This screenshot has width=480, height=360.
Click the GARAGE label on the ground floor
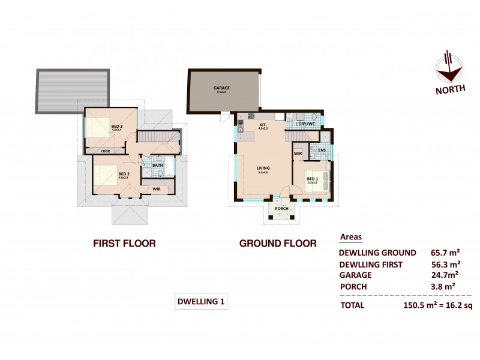coord(221,88)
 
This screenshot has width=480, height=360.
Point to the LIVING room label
coord(262,169)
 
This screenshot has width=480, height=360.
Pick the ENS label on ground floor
coord(322,149)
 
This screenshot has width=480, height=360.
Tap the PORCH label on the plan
coord(281,208)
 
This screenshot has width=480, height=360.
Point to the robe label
coord(105,151)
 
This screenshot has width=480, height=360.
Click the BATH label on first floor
coord(158,165)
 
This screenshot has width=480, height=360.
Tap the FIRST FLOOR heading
coord(124,244)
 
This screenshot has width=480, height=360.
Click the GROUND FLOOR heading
coord(278,244)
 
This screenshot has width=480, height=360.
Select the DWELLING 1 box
coord(201,302)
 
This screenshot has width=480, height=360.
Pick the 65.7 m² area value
coord(445,252)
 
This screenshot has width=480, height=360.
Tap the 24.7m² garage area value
coord(443,275)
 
